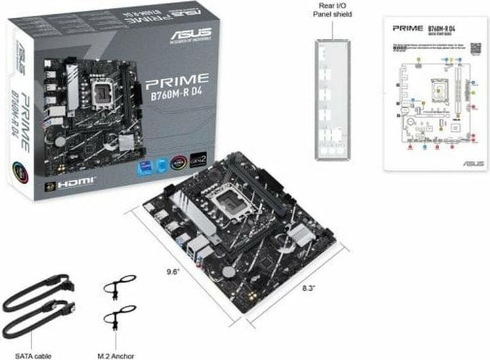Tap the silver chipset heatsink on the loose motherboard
pyautogui.click(x=299, y=236)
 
